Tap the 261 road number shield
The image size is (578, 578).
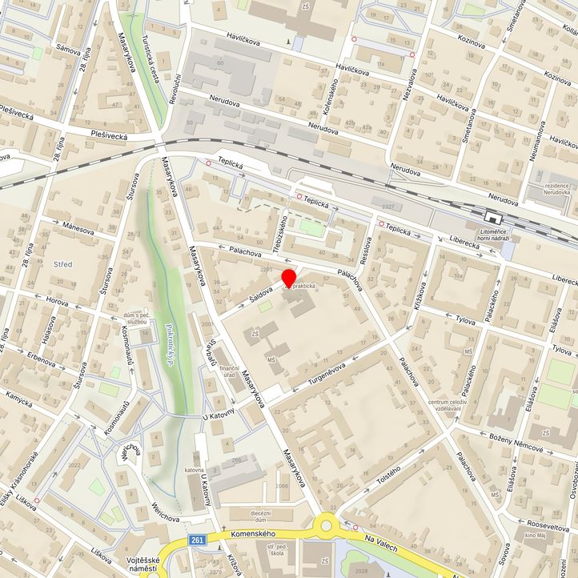click(197, 541)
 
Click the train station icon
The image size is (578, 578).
click(492, 217)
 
